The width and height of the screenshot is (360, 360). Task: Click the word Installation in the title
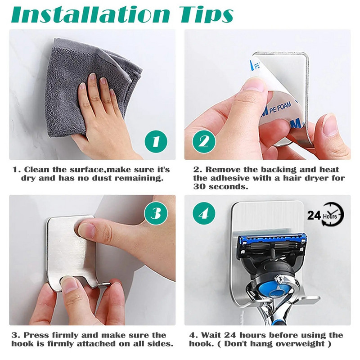pos(90,14)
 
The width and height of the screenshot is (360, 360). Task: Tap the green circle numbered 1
pos(156,142)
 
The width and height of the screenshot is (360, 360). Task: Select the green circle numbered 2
pos(204,142)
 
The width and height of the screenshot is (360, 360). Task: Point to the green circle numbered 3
pos(156,213)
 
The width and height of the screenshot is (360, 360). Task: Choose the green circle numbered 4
pos(204,213)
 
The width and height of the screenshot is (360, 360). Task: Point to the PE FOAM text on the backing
pos(280,108)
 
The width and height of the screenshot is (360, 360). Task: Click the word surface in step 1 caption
pos(86,170)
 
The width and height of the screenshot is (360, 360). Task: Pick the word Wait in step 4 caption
pos(211,335)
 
